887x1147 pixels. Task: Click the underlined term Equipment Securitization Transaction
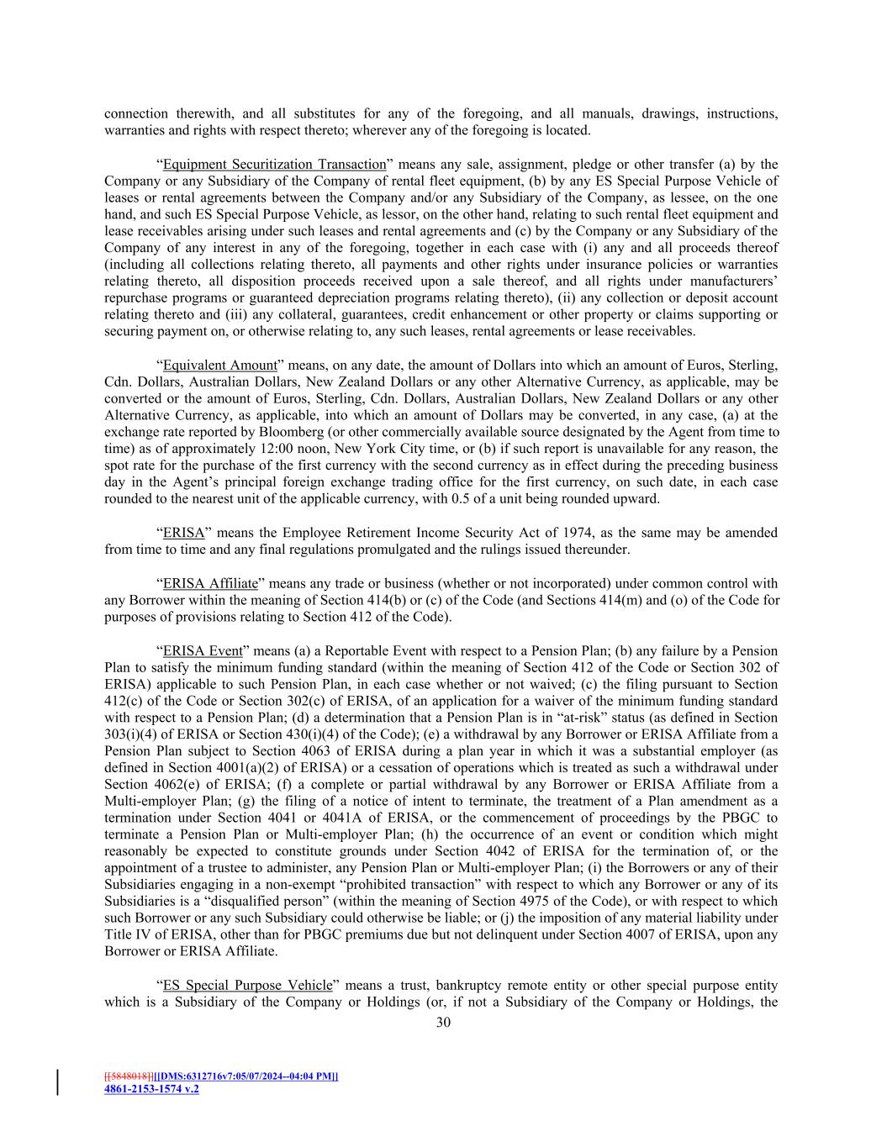[x=274, y=165]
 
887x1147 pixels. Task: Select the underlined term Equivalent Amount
[x=219, y=366]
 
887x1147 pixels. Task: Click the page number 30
[x=443, y=1023]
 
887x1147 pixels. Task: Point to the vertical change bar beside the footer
[x=58, y=1082]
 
